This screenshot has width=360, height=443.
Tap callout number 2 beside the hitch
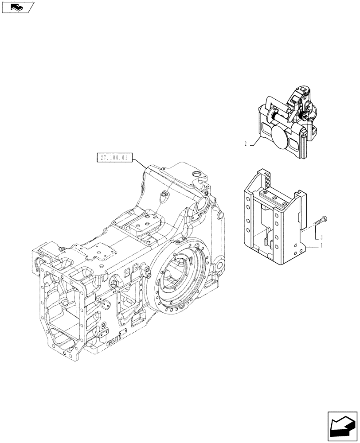tap(245, 144)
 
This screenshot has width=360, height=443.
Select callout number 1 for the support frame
tap(321, 245)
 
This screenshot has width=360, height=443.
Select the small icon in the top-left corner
tap(18, 7)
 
